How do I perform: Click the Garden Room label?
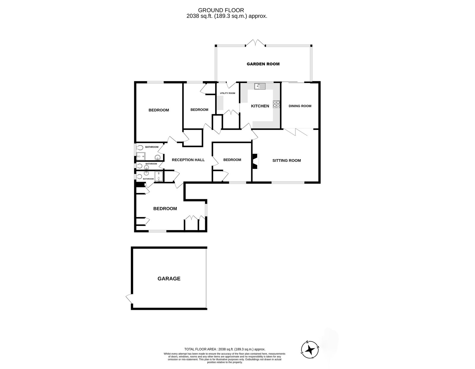(x=263, y=64)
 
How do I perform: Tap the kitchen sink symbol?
(x=260, y=86)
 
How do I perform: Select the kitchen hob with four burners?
(x=276, y=104)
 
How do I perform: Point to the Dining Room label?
(x=300, y=106)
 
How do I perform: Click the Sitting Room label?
(x=286, y=161)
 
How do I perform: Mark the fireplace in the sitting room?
(x=255, y=161)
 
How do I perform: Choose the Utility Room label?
(x=227, y=93)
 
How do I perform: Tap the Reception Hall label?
(x=188, y=160)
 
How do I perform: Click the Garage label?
(x=169, y=279)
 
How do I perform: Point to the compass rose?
(x=310, y=350)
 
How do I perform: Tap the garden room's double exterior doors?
(x=255, y=43)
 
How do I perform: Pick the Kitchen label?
(x=260, y=106)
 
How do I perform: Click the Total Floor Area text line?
(x=224, y=349)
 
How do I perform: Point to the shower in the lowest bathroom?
(x=159, y=177)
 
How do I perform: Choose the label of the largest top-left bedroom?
(x=159, y=110)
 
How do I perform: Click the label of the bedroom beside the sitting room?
(x=232, y=160)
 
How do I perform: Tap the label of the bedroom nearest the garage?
(x=165, y=209)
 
